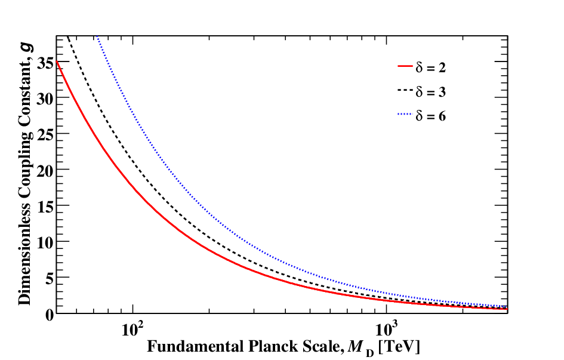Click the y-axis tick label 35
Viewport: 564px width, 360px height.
(45, 63)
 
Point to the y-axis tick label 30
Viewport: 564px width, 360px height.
(45, 99)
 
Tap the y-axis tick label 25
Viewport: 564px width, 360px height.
(45, 134)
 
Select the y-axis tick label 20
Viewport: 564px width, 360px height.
(45, 171)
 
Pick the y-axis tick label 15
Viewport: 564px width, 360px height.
(45, 207)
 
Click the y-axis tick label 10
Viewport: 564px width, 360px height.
(45, 242)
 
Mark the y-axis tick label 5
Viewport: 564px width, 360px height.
(50, 278)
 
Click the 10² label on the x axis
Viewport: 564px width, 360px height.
(132, 328)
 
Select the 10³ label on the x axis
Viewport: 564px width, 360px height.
(385, 328)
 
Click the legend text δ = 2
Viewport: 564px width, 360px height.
(430, 67)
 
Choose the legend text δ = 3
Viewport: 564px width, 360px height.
(430, 92)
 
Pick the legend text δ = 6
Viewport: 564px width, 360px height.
(430, 116)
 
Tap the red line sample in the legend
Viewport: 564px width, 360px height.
(405, 66)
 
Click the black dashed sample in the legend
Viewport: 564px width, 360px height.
(405, 90)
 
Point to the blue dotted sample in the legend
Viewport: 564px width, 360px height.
(405, 115)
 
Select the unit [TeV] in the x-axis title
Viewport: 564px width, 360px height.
(400, 347)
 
